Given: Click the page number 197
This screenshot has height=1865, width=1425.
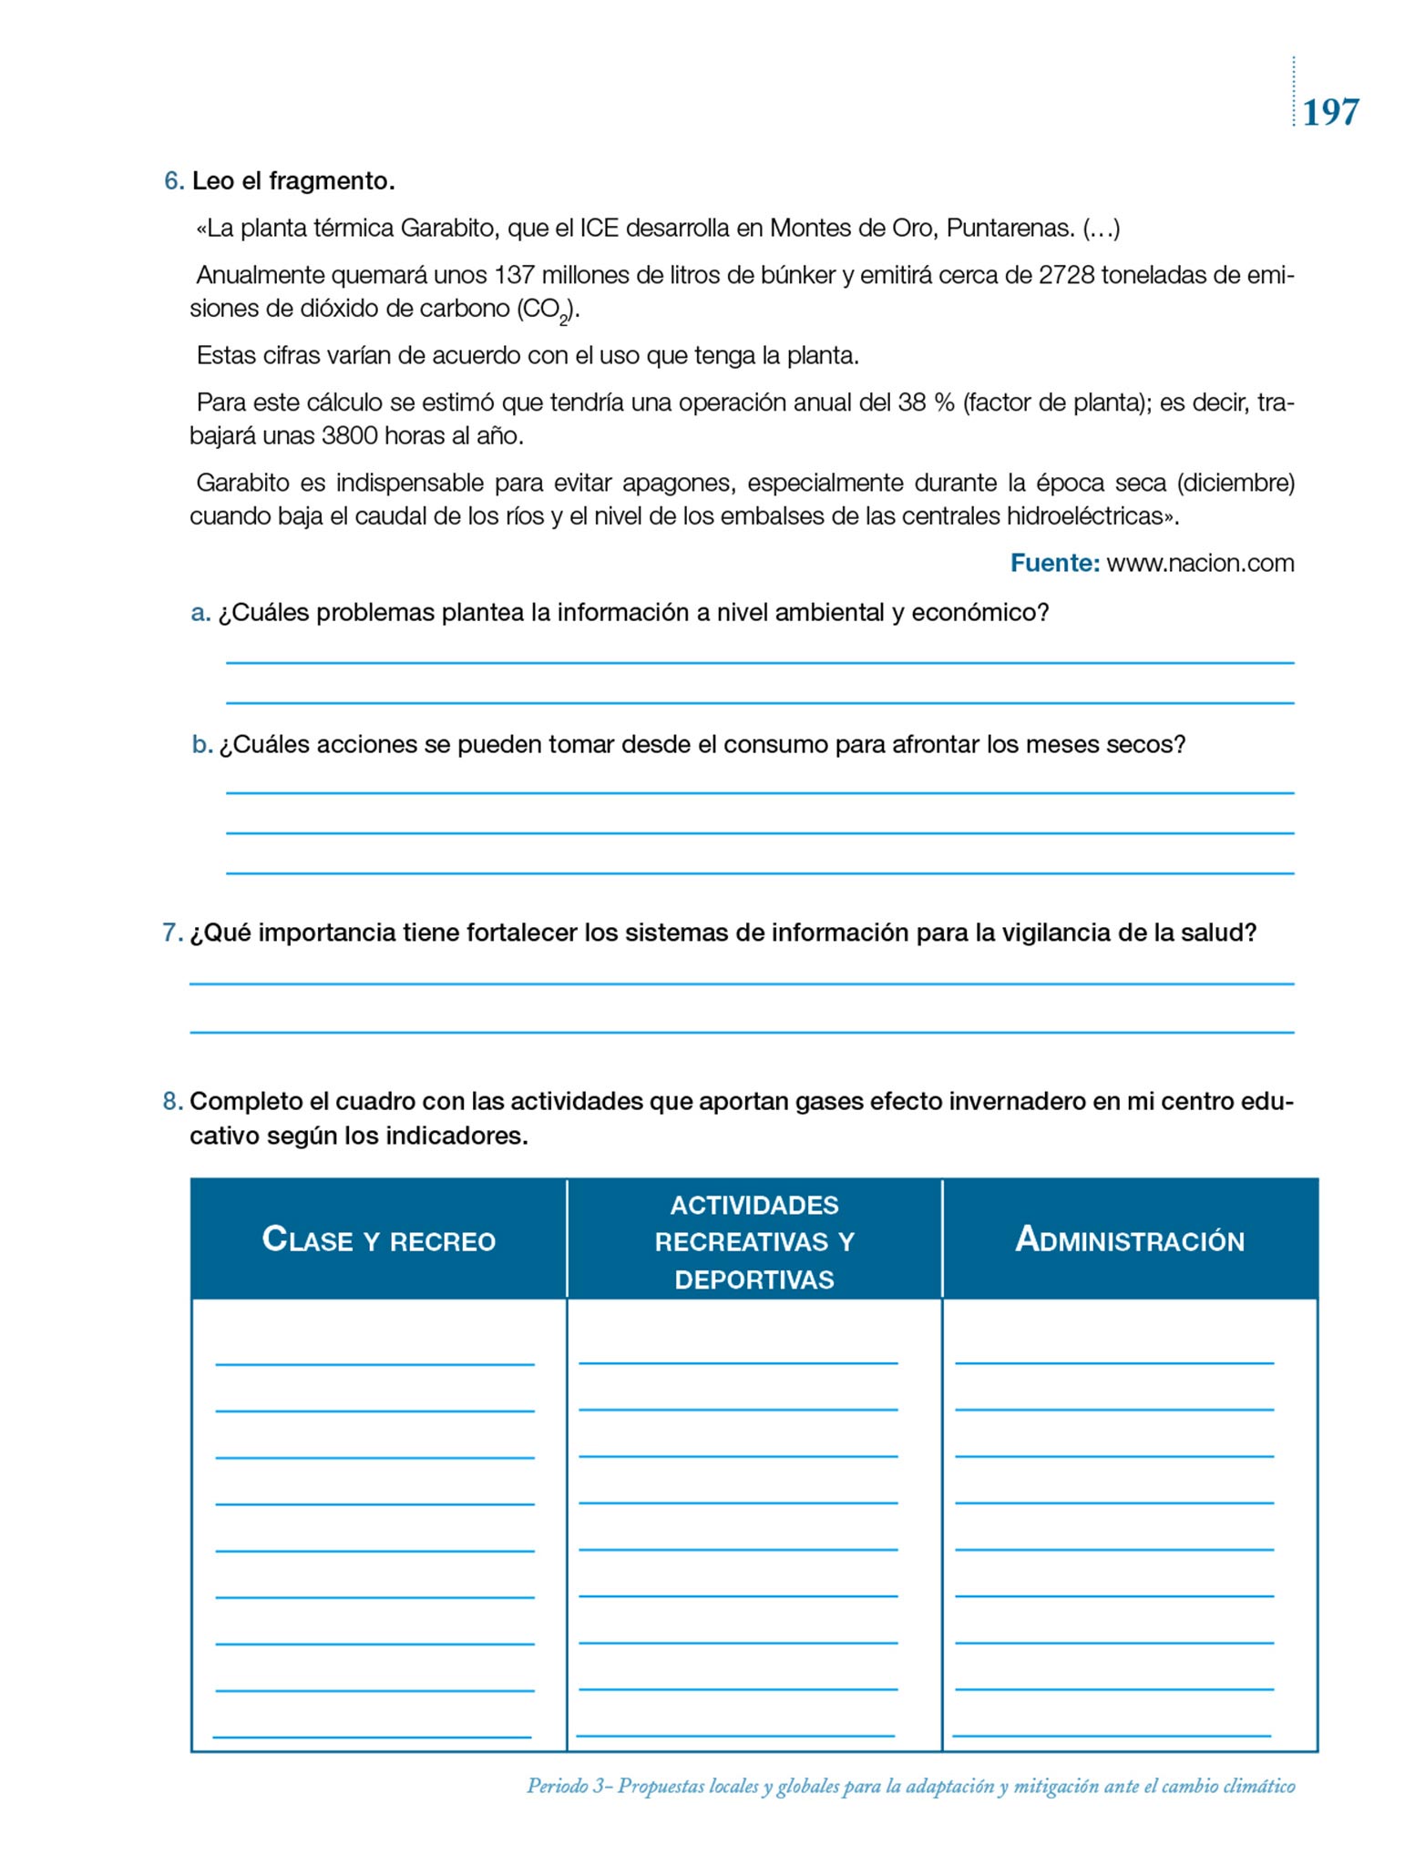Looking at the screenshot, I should click(1330, 113).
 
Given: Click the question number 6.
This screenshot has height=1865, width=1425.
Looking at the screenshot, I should click(173, 181).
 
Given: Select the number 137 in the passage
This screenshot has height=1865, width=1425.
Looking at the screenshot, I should click(514, 275).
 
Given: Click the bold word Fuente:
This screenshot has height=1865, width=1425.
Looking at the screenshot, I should click(1054, 564).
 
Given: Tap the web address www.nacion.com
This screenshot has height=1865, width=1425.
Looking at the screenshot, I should click(1200, 564).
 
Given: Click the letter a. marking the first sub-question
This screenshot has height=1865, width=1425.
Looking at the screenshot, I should click(200, 613).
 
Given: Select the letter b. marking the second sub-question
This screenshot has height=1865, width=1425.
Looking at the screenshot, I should click(201, 745).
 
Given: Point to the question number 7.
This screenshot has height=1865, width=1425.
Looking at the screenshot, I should click(172, 933).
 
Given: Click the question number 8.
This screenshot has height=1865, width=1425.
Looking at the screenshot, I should click(172, 1102).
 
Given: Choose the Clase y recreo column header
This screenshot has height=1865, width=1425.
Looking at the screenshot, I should click(378, 1240).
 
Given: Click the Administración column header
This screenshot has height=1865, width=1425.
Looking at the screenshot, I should click(1130, 1240).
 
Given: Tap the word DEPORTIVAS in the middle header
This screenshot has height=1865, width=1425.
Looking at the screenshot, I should click(754, 1279).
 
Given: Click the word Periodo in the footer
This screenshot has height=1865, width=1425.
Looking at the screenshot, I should click(557, 1786).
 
